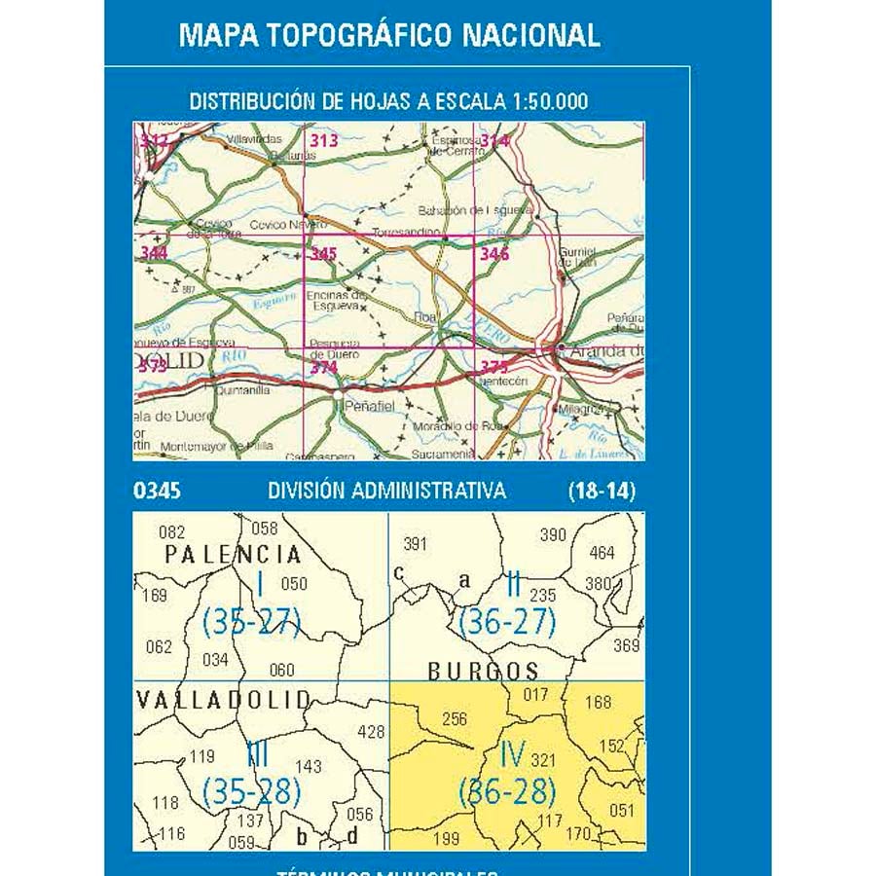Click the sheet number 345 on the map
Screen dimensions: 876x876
click(323, 254)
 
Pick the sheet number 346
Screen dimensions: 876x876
click(494, 254)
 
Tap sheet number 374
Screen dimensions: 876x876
click(323, 367)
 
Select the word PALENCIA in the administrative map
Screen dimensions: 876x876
click(233, 554)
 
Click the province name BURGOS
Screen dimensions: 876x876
click(484, 671)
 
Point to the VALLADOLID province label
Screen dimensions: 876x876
click(224, 699)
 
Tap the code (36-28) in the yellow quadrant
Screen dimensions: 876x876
click(507, 791)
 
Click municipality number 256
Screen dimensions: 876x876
click(455, 719)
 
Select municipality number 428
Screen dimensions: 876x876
click(372, 732)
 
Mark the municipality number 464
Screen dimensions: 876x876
click(602, 553)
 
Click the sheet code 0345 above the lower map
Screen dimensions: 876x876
click(157, 492)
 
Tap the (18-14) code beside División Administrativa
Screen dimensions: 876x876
click(602, 492)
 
